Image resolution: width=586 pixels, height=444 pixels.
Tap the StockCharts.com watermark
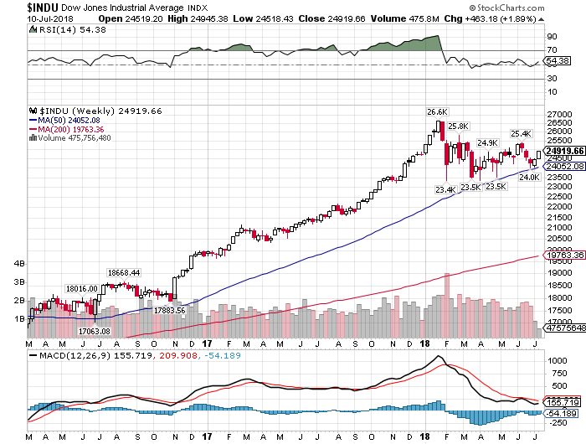(536, 7)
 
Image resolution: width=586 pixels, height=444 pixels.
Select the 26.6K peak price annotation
(437, 111)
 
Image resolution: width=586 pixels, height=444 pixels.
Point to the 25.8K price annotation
(458, 126)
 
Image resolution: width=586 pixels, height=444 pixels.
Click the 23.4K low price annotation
(445, 189)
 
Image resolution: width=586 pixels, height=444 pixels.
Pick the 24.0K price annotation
(529, 177)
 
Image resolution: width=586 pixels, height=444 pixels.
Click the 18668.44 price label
(123, 272)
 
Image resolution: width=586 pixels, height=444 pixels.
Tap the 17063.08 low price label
(83, 331)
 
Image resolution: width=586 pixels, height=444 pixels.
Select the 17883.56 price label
(170, 310)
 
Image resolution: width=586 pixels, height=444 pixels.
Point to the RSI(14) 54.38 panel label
(55, 30)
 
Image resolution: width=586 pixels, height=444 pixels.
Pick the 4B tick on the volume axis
(19, 262)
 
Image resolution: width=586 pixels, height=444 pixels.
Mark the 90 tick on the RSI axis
(553, 38)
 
